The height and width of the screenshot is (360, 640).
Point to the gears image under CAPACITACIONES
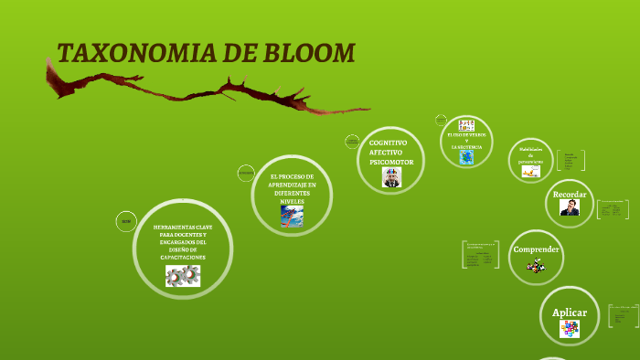point(183,276)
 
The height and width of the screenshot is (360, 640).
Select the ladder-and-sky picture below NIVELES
point(292,216)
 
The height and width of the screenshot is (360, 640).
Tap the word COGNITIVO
point(388,143)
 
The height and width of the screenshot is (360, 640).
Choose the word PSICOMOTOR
point(391,162)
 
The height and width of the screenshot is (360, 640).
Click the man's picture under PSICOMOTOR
point(391,177)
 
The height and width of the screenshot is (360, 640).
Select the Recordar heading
point(570,194)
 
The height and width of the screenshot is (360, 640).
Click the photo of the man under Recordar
point(570,208)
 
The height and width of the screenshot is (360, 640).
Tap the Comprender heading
point(536,249)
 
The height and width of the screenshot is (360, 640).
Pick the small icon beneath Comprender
point(536,266)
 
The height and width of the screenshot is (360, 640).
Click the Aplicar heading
point(570,313)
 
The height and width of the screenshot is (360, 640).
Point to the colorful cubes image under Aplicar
point(570,330)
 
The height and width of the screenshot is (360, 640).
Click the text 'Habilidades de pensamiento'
point(531,154)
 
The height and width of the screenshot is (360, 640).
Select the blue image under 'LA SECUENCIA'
point(466,157)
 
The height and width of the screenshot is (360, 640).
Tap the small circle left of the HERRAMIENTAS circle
point(126,221)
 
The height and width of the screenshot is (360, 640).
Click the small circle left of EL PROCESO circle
point(245,172)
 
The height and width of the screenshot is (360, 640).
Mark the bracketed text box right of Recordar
point(613,209)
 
